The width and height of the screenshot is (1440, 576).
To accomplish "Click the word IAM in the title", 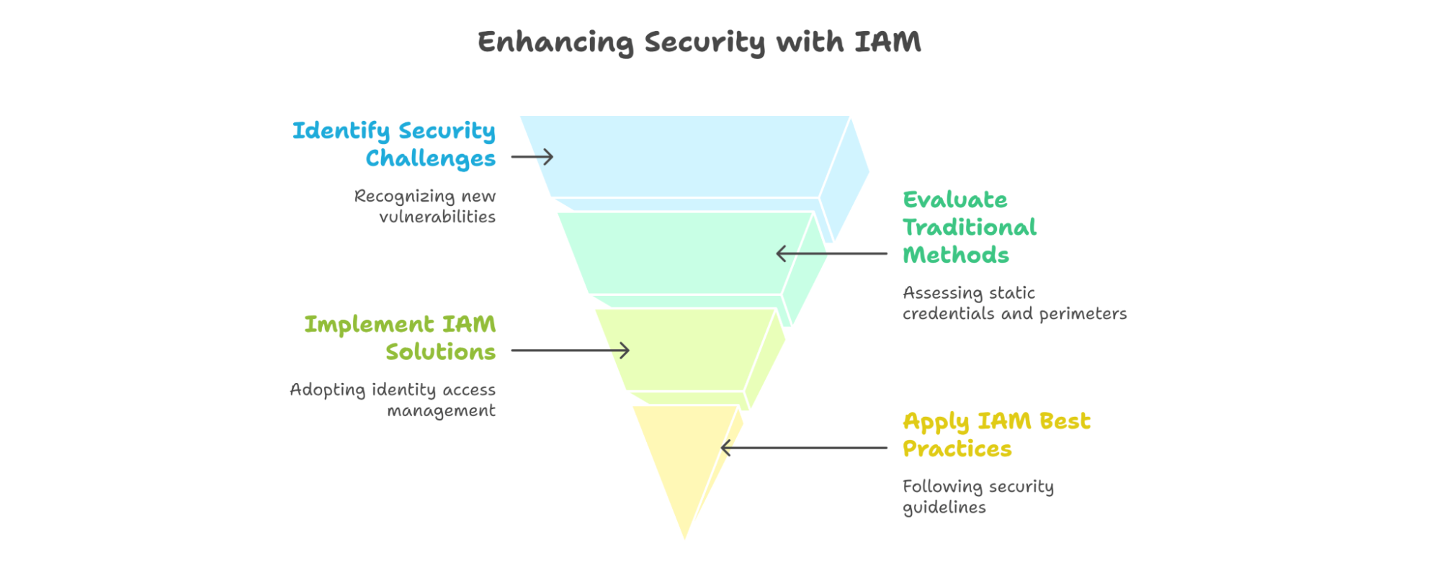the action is (x=887, y=42).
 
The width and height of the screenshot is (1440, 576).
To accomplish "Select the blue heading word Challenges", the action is (x=431, y=159).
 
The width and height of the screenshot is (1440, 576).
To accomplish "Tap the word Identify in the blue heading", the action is (x=341, y=131).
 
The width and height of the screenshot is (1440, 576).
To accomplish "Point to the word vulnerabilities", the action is (x=437, y=217).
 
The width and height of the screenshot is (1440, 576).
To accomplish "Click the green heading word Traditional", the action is (x=970, y=228).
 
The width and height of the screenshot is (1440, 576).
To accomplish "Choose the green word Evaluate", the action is (x=955, y=199).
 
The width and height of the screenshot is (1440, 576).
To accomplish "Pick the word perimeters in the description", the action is (x=1083, y=314).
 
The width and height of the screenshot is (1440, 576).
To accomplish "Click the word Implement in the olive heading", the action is (x=369, y=325).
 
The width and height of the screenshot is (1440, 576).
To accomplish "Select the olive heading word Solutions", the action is (x=441, y=352).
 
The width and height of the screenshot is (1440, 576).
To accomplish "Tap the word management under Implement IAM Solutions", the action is (x=442, y=411).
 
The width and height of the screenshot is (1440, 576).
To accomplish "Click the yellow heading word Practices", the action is (x=957, y=449).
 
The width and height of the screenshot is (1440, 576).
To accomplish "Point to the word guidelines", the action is (x=944, y=508).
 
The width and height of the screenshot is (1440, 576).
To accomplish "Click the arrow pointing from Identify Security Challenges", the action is (x=532, y=157).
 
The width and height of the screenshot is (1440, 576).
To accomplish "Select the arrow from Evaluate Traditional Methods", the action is (x=831, y=253).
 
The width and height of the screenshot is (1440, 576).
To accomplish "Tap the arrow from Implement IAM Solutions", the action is (x=571, y=351).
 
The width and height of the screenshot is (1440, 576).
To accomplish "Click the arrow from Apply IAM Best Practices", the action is (x=804, y=448).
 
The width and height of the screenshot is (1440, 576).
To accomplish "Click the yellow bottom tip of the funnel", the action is (x=684, y=537).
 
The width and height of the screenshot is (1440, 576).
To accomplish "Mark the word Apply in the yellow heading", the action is (x=936, y=423).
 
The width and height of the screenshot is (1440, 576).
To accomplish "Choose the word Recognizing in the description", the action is (x=404, y=197).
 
